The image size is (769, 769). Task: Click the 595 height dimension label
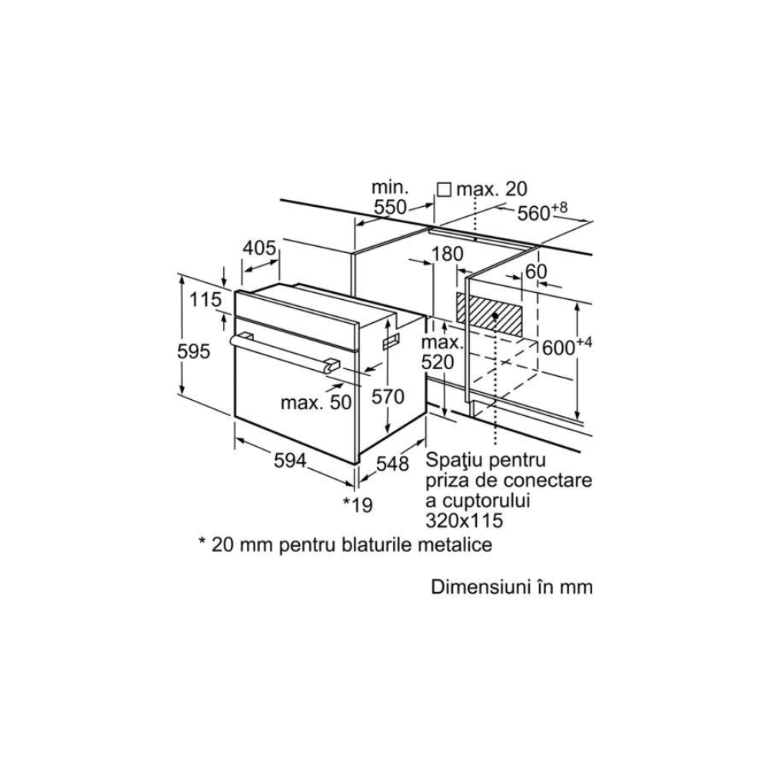coord(194,351)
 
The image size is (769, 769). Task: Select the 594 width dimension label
coord(290,461)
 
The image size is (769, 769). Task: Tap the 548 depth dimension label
coord(392,464)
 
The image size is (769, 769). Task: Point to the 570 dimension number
coord(388,396)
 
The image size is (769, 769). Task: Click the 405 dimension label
coord(259,248)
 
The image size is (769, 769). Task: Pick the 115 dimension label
coord(205,299)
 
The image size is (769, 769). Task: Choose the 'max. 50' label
coord(316,403)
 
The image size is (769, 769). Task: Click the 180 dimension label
coord(447,254)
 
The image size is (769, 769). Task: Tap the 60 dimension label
coord(535,271)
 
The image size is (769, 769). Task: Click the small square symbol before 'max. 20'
coord(444,190)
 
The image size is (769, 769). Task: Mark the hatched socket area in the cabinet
coord(489,315)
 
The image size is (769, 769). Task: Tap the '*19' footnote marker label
coord(358,504)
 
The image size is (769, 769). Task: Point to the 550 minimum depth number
coord(391,208)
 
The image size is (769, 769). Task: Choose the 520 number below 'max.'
coord(438,362)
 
